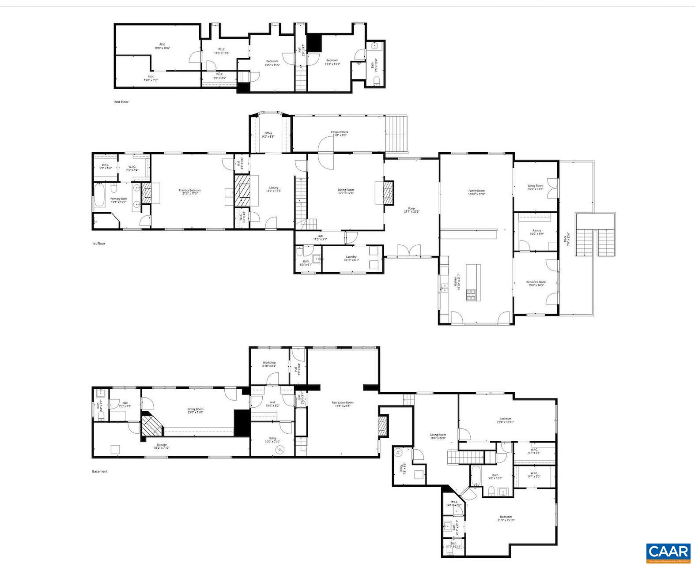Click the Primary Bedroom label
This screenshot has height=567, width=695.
click(x=190, y=192)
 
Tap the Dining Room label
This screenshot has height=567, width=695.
click(x=346, y=192)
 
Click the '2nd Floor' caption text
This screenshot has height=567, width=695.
click(x=121, y=102)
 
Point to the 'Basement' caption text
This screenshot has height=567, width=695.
click(x=100, y=471)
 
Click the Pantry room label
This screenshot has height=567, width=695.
click(x=536, y=232)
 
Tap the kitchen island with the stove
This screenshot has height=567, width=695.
click(x=472, y=282)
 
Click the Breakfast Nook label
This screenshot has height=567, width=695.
click(x=536, y=284)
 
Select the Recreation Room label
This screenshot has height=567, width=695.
click(x=343, y=404)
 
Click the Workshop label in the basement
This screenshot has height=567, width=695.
click(x=269, y=364)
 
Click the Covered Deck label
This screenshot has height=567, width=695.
click(x=340, y=133)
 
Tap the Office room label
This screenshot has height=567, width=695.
click(x=268, y=135)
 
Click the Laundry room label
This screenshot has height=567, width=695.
click(x=351, y=258)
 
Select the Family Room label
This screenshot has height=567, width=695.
click(x=476, y=192)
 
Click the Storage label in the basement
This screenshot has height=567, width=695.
click(x=162, y=446)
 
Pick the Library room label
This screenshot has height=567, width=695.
click(x=274, y=189)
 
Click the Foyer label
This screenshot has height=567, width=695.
click(x=412, y=210)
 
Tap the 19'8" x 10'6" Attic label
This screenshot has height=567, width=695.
click(x=162, y=46)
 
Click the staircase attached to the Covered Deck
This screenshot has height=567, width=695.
click(x=396, y=133)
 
